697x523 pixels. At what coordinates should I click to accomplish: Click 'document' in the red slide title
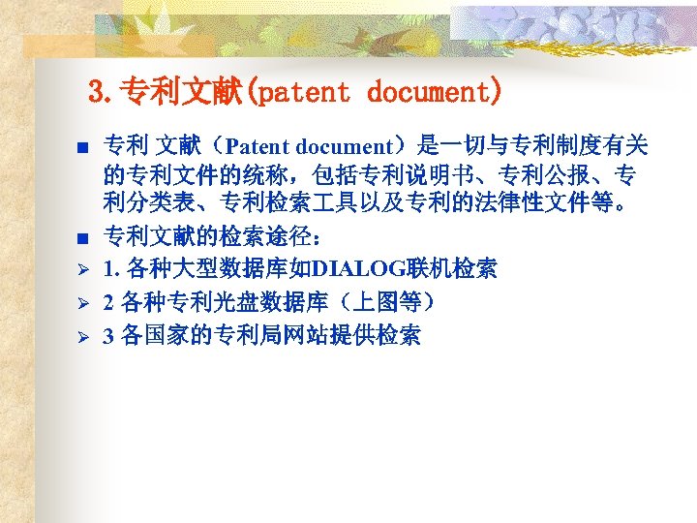click(x=435, y=93)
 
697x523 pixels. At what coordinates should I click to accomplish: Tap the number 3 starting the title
click(x=95, y=93)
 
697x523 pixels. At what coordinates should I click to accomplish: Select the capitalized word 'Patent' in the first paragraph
click(x=258, y=147)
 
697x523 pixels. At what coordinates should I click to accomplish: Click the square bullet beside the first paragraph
click(x=83, y=148)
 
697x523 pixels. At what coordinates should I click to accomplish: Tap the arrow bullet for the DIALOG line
click(x=83, y=269)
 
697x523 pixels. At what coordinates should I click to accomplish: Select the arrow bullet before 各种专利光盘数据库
click(x=83, y=304)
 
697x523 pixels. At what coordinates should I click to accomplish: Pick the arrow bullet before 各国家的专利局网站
click(x=83, y=337)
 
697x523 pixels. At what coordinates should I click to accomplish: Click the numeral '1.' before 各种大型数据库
click(x=111, y=269)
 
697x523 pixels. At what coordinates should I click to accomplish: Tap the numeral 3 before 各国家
click(x=108, y=337)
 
